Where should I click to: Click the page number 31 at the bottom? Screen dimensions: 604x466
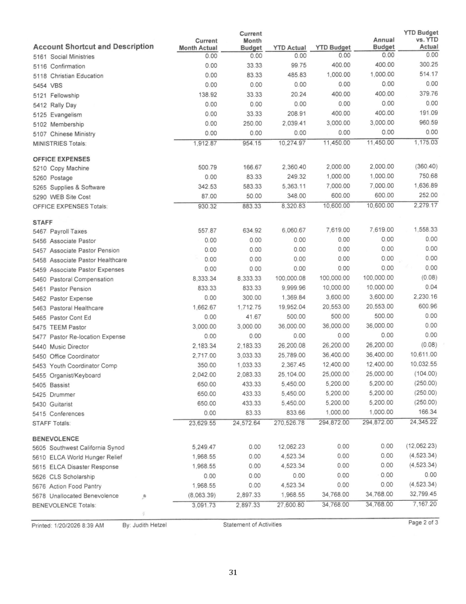pos(233,572)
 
